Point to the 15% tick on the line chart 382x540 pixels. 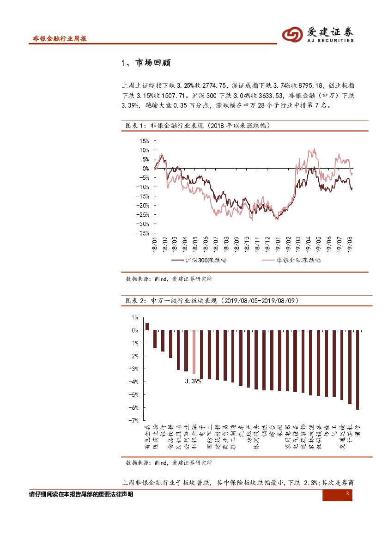145,141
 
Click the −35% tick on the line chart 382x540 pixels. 144,233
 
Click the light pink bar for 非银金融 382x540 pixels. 194,352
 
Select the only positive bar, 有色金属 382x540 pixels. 147,326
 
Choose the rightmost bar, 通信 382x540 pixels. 357,370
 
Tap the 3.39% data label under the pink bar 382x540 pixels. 193,381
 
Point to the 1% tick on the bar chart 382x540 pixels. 135,317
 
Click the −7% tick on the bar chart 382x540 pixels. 134,420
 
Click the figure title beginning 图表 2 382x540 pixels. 212,301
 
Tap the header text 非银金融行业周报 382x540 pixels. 60,39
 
